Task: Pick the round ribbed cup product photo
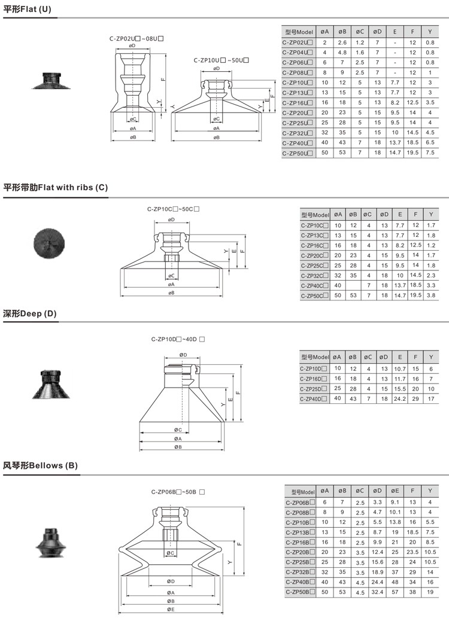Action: click(x=48, y=245)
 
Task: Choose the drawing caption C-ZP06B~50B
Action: click(x=178, y=492)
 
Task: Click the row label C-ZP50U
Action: click(x=298, y=154)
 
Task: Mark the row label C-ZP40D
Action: click(x=314, y=398)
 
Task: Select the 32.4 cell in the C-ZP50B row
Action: click(x=377, y=592)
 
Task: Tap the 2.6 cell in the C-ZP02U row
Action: click(x=342, y=42)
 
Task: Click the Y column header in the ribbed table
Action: click(x=430, y=215)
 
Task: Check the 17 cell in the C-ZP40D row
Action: click(x=431, y=398)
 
